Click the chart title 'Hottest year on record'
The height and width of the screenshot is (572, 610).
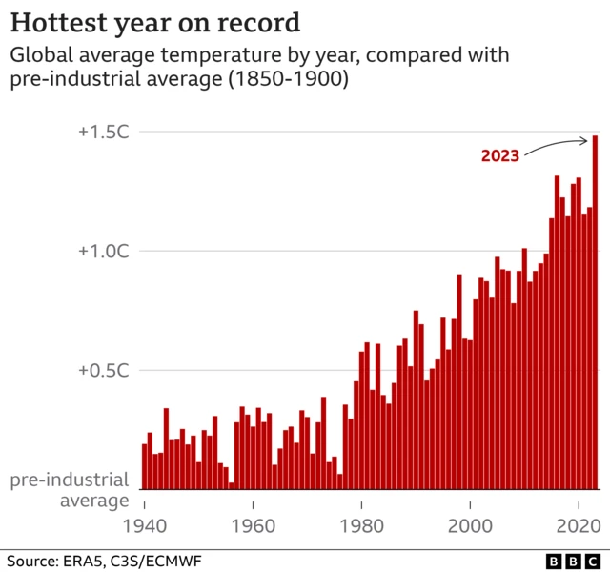(156, 22)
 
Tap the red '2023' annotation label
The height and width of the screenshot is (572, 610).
(499, 155)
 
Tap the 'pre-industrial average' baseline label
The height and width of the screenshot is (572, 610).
(69, 491)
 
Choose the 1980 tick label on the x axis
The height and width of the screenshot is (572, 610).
(362, 523)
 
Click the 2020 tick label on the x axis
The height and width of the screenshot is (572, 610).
(579, 523)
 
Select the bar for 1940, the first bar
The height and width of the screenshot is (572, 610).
(145, 466)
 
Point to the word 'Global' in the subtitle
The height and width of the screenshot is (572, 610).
(39, 55)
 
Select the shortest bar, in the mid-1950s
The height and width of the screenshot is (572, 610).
(232, 485)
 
